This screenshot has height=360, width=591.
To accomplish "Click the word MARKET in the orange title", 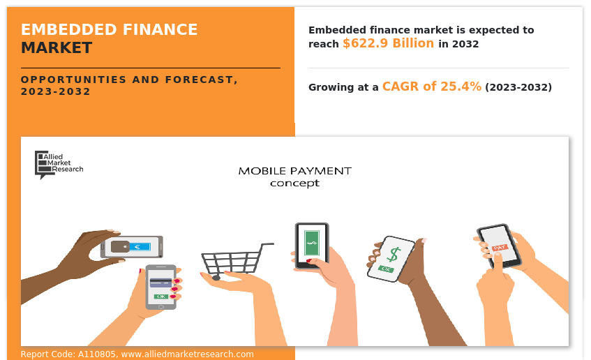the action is [x=57, y=48].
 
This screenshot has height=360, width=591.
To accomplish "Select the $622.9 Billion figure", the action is [x=388, y=43].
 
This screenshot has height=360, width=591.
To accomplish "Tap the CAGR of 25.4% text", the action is [x=432, y=87].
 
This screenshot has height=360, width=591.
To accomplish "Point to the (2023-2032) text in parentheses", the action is [x=518, y=87].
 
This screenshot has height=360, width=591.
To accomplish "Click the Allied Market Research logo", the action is [x=59, y=165].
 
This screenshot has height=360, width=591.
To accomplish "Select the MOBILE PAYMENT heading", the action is [x=294, y=171].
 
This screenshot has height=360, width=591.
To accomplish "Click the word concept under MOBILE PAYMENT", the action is [x=294, y=183].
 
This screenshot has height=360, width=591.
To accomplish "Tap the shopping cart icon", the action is [x=237, y=261].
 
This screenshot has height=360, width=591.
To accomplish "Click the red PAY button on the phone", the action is [x=500, y=248].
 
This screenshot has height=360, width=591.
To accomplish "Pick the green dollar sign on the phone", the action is [x=394, y=255].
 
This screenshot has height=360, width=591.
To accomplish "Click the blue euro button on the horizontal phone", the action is [x=140, y=247].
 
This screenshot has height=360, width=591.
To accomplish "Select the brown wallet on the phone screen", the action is [x=120, y=247].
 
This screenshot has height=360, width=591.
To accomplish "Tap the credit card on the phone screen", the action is [x=161, y=283].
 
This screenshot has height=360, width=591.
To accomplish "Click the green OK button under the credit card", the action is [x=161, y=297].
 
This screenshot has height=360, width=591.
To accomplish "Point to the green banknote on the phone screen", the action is [x=312, y=243].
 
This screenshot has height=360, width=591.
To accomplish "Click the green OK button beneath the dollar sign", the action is [x=386, y=269].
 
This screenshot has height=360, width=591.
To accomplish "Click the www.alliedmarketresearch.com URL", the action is [x=187, y=354].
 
